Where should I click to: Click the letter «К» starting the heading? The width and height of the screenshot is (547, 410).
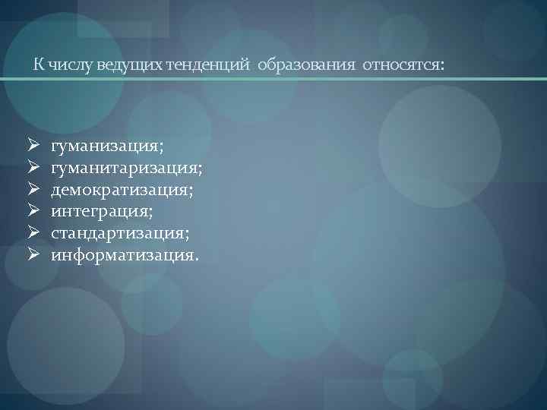point(37,65)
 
